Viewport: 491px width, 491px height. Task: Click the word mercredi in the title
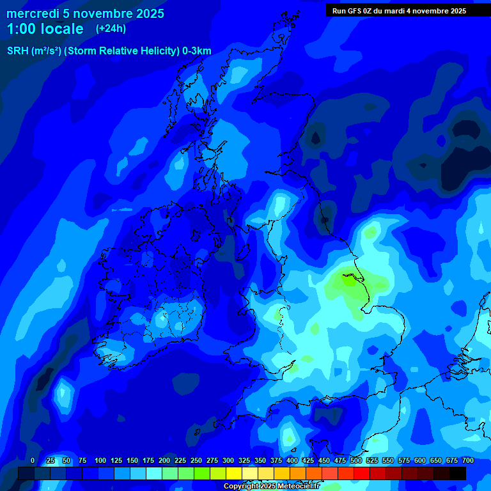tap(32, 13)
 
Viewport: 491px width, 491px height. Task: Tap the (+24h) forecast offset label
tap(111, 28)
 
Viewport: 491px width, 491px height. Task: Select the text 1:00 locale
tap(45, 29)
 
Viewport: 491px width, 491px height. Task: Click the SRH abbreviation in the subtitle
tap(17, 51)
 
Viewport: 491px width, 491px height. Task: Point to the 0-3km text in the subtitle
tap(196, 51)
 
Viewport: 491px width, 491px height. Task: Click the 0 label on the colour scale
tap(33, 460)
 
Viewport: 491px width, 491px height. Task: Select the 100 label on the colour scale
tap(100, 460)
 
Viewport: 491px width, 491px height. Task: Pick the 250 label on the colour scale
tap(196, 460)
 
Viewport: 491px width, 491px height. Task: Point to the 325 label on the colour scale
tap(244, 460)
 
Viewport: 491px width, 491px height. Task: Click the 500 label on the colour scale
tap(356, 460)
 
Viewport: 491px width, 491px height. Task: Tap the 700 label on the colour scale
tap(468, 460)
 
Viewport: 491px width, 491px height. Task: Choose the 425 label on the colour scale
tap(308, 460)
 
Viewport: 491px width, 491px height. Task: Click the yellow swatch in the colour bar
tap(234, 473)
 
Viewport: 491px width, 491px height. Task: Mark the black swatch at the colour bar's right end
tap(458, 473)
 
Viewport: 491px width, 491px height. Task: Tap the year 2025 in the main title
tap(150, 13)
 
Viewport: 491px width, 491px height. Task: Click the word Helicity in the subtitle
tap(158, 51)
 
